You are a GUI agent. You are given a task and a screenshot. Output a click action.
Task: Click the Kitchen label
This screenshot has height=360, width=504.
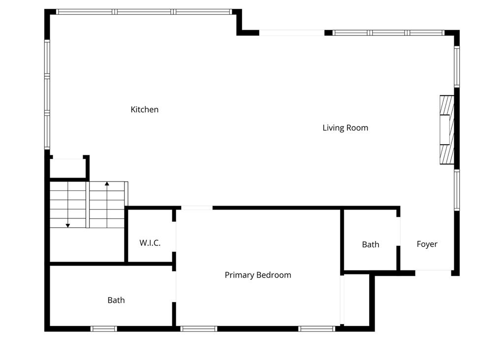[144, 110]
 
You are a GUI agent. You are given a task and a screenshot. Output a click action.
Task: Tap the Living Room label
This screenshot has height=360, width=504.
[345, 128]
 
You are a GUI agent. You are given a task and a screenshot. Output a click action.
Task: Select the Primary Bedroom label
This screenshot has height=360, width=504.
[257, 275]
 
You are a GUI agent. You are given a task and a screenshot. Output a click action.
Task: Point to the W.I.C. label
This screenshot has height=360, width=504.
[150, 243]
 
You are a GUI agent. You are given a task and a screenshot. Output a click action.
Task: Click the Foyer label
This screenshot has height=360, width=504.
[427, 244]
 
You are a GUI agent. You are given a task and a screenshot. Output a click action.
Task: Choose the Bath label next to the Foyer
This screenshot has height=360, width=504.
[370, 244]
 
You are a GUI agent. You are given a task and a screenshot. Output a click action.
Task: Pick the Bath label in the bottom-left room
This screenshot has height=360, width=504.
[116, 300]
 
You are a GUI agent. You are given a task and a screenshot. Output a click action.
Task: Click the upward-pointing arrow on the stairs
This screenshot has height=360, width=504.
[107, 184]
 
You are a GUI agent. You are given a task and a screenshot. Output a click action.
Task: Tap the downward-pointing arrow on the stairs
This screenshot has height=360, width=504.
[68, 225]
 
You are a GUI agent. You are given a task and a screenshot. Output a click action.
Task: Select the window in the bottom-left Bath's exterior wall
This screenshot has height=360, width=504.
[104, 329]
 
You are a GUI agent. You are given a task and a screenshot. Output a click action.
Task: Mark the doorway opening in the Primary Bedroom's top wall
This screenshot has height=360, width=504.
[197, 208]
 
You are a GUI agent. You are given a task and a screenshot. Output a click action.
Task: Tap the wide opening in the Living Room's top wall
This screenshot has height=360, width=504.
[292, 33]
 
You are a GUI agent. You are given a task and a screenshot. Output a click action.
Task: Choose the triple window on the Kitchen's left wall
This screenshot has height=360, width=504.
[47, 94]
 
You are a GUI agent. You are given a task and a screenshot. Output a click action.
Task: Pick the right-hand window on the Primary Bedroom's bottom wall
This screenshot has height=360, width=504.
[317, 329]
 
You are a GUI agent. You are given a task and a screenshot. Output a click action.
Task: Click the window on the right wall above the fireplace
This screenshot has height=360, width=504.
[457, 66]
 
